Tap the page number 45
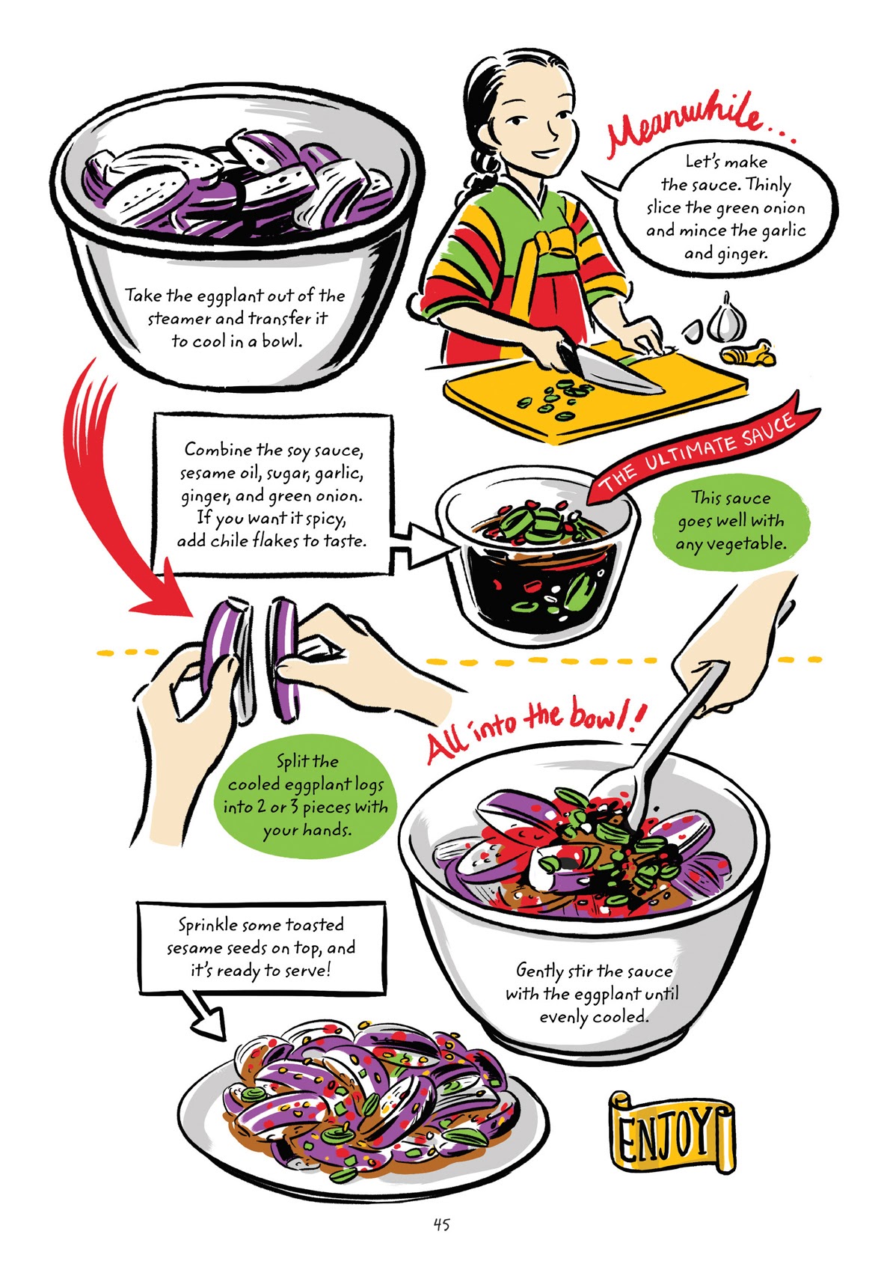click(441, 1224)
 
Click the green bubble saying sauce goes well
click(728, 520)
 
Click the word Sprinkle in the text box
click(206, 925)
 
